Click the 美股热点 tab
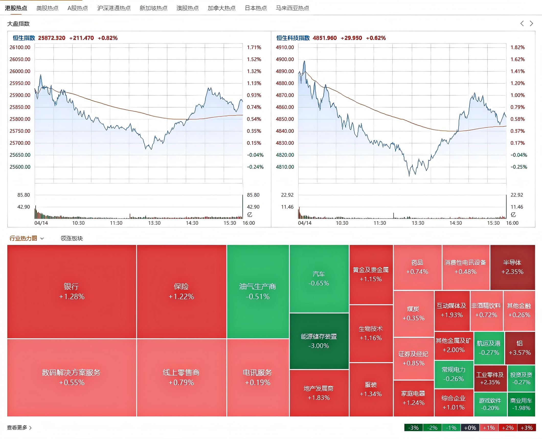(x=47, y=8)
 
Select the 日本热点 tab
(x=256, y=8)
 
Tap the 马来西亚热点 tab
(x=292, y=8)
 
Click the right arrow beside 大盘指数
(x=532, y=23)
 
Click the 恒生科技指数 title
(x=293, y=38)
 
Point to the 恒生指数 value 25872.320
(x=52, y=38)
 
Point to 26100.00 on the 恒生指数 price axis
(x=20, y=47)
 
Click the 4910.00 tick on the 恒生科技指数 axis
(x=285, y=47)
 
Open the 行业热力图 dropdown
(x=27, y=238)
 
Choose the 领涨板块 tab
(x=72, y=238)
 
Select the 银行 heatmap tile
(x=72, y=292)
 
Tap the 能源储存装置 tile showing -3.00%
(x=319, y=341)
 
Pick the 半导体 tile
(x=513, y=267)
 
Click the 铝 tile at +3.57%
(x=520, y=348)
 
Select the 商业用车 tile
(x=521, y=404)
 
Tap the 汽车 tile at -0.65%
(x=319, y=279)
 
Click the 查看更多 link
(x=19, y=428)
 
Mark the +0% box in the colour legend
(x=470, y=428)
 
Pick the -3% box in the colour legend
(x=414, y=428)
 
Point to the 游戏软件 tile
(x=490, y=404)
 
